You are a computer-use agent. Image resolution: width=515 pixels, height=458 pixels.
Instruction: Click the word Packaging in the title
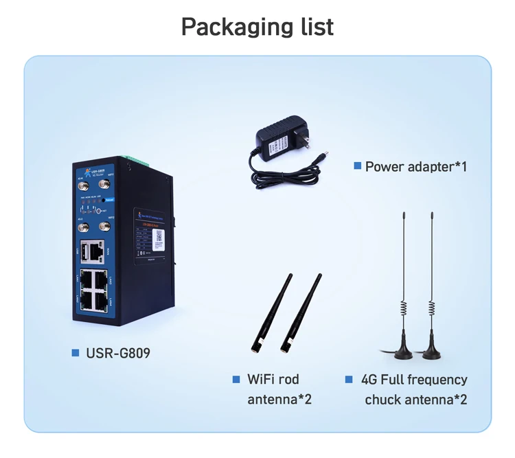(x=232, y=27)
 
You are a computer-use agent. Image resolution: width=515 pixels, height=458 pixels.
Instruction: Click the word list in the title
(x=312, y=27)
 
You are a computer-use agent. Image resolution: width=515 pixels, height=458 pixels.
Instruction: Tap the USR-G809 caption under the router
(x=117, y=353)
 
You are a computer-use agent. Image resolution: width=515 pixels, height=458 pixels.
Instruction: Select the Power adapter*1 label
(x=416, y=166)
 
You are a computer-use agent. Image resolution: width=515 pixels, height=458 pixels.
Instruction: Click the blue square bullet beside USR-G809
(x=76, y=353)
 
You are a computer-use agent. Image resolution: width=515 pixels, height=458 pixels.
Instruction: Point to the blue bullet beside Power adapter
(x=357, y=165)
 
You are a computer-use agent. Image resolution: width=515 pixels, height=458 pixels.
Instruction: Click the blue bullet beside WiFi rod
(x=237, y=379)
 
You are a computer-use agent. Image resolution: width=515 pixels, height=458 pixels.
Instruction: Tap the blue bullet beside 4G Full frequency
(x=350, y=379)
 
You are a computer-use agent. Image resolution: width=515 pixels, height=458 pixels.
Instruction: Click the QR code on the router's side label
(x=159, y=236)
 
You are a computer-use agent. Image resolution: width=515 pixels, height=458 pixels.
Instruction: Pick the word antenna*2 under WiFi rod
(x=279, y=399)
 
